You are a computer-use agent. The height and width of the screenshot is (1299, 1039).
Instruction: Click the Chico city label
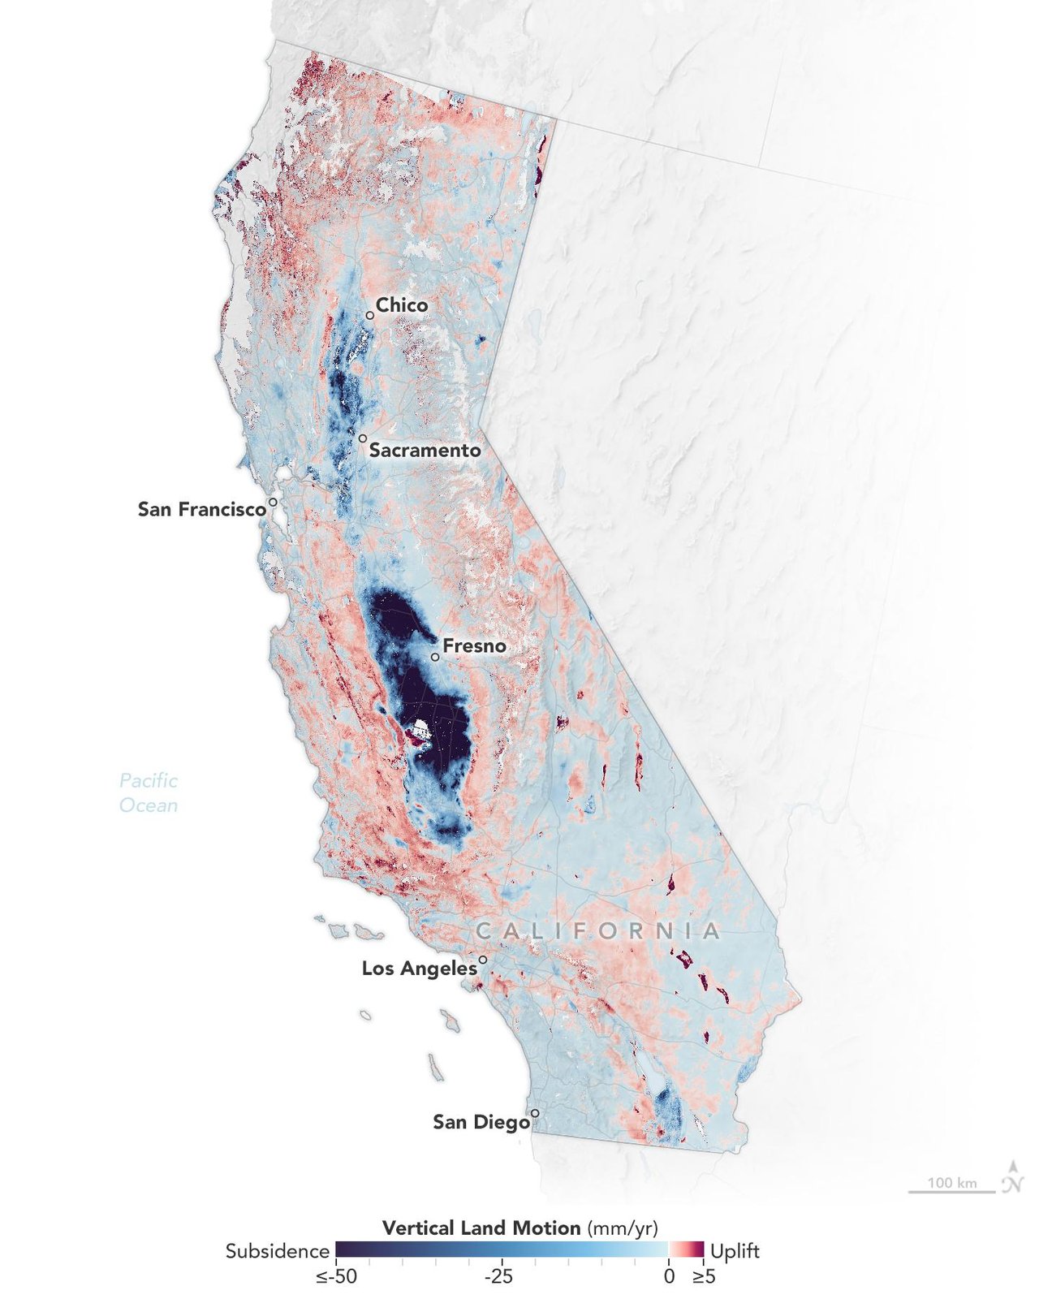click(x=401, y=304)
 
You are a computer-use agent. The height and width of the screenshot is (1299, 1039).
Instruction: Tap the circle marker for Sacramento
click(x=363, y=438)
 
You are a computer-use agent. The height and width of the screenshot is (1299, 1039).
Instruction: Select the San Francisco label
click(x=201, y=509)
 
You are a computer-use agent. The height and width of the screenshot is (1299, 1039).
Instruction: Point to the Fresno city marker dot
click(x=435, y=657)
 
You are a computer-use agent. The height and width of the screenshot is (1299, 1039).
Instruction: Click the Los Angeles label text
click(x=419, y=968)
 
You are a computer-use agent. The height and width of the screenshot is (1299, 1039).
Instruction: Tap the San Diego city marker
click(x=535, y=1113)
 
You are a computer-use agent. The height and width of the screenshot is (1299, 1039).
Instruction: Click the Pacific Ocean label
click(x=149, y=792)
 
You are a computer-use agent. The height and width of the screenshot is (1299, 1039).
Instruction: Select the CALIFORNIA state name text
click(x=597, y=930)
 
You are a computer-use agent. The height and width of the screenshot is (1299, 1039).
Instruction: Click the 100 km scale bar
click(x=951, y=1190)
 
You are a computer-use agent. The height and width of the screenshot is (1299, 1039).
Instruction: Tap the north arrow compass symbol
click(x=1012, y=1177)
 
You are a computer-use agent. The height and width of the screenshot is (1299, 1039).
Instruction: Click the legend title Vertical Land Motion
click(x=481, y=1228)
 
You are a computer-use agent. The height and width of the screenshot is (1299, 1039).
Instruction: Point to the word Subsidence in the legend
click(x=277, y=1251)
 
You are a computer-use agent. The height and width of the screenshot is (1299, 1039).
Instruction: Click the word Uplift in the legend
click(x=735, y=1251)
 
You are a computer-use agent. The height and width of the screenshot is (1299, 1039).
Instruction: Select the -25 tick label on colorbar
click(x=498, y=1276)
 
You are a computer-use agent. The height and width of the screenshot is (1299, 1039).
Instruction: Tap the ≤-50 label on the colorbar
click(x=336, y=1276)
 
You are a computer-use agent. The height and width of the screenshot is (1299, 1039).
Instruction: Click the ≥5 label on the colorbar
click(x=703, y=1276)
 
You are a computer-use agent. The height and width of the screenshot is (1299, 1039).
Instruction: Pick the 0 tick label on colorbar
click(x=668, y=1276)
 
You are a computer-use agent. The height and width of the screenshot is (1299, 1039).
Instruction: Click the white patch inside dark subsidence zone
click(x=420, y=729)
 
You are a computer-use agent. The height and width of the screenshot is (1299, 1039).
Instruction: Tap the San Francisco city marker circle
click(x=274, y=503)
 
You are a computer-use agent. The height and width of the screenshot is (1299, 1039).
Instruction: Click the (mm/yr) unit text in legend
click(x=622, y=1228)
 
